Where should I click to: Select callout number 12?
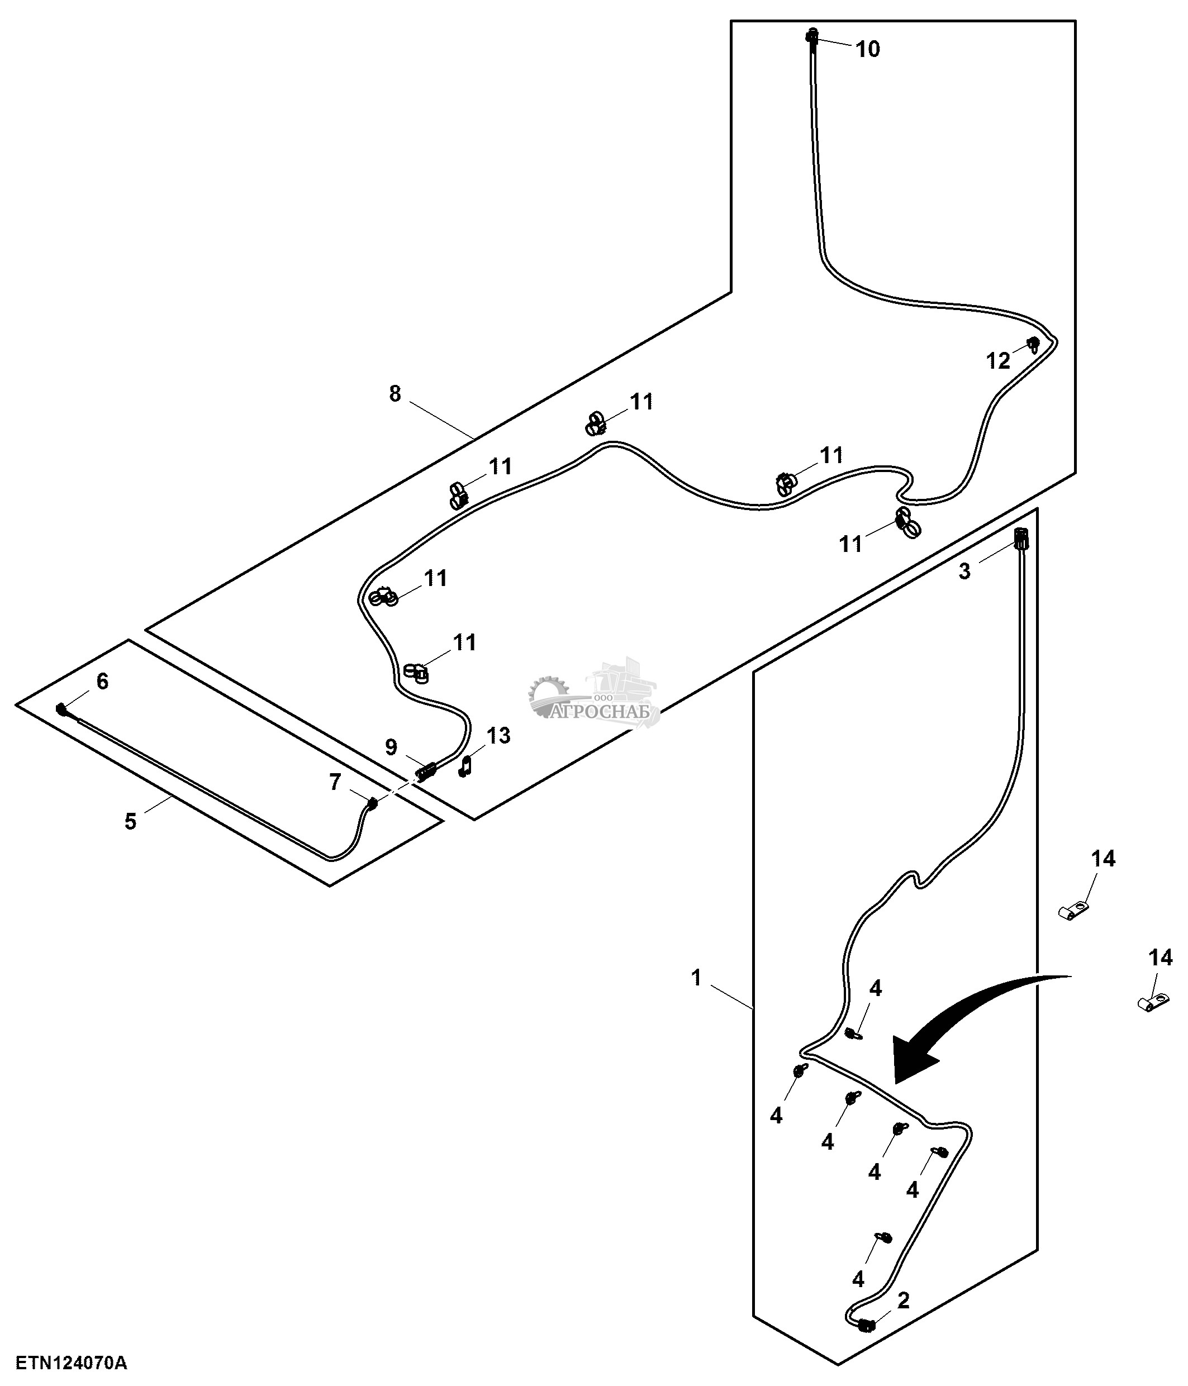(998, 361)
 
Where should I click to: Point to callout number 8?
(395, 394)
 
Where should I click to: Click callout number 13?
(498, 736)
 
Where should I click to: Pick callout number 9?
(391, 746)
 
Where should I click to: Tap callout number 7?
(335, 782)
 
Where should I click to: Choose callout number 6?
(102, 681)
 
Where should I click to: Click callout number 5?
(130, 821)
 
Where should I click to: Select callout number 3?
(964, 571)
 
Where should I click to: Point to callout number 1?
(696, 978)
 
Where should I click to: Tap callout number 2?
(903, 1301)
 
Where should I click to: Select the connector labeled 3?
(1021, 538)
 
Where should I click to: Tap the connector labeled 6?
(62, 709)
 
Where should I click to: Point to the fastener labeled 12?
(1034, 344)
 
